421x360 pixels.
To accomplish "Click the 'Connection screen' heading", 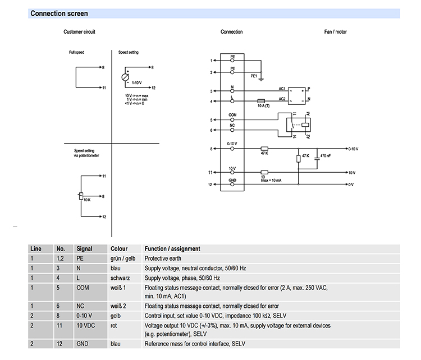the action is click(59, 13).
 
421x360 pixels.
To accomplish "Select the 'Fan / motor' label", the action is click(335, 32).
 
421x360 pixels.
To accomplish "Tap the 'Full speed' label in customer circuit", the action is click(76, 52).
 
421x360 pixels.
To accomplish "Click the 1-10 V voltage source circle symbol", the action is click(125, 77).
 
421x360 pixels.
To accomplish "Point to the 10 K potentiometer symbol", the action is click(81, 196).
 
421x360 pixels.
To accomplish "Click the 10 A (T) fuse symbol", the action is click(261, 101).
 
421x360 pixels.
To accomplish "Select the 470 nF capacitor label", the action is click(326, 156).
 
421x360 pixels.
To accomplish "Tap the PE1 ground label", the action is click(254, 76).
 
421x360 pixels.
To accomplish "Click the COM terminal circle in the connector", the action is click(232, 119).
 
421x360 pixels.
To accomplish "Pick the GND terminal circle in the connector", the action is click(232, 184).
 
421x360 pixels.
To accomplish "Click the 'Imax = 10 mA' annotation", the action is click(271, 181).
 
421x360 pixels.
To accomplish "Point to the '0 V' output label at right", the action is click(351, 184).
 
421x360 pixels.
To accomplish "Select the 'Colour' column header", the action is click(119, 248).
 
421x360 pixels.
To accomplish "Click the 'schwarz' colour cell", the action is click(120, 278).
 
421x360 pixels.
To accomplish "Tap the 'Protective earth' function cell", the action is click(163, 259).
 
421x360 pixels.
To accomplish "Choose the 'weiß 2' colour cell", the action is click(118, 306).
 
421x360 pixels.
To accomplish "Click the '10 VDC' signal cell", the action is click(86, 325).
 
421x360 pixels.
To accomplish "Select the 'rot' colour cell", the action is click(113, 326).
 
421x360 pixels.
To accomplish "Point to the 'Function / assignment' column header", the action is click(172, 248).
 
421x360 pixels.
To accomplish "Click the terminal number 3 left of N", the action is click(211, 91).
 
